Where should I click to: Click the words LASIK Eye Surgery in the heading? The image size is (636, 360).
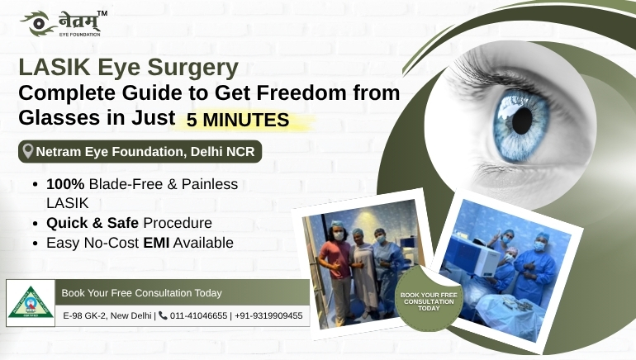(129, 66)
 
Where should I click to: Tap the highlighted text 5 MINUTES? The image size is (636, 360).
(238, 120)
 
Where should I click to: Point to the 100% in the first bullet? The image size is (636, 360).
(64, 184)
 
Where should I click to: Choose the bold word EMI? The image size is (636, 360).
(155, 243)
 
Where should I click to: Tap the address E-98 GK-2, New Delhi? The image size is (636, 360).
(107, 315)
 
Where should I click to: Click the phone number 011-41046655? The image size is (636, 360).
(199, 315)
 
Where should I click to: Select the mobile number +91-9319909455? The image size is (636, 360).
(268, 315)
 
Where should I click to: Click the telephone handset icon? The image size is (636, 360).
(163, 315)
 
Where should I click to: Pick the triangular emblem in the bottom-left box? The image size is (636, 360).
(29, 301)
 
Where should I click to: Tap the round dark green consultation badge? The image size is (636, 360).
(428, 299)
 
